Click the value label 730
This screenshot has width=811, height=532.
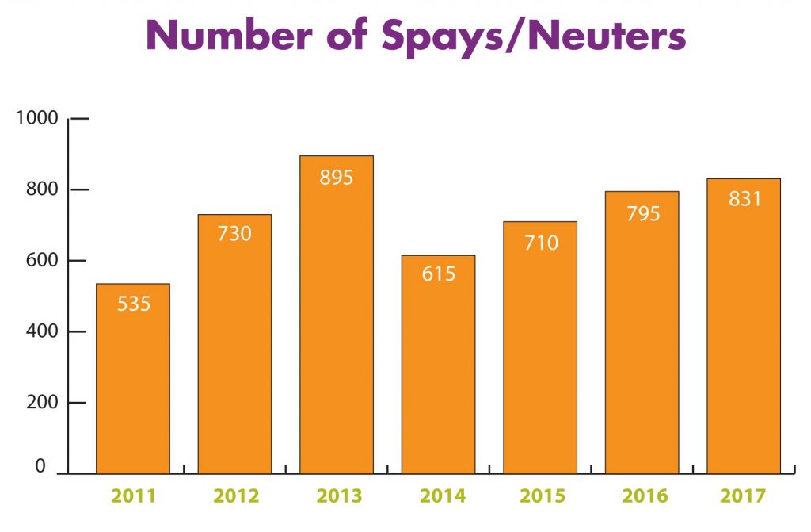pyautogui.click(x=234, y=234)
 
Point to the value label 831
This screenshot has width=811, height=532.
pyautogui.click(x=744, y=198)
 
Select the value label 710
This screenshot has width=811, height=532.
pyautogui.click(x=540, y=242)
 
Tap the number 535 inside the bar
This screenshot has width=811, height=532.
pyautogui.click(x=133, y=304)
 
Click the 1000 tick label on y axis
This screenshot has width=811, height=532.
pyautogui.click(x=38, y=119)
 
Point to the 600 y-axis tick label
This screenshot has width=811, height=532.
pyautogui.click(x=42, y=261)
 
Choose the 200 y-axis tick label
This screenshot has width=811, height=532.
pyautogui.click(x=42, y=403)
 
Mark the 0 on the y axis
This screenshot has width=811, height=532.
pyautogui.click(x=40, y=468)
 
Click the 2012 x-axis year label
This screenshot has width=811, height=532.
pyautogui.click(x=236, y=497)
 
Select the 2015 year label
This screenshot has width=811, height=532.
pyautogui.click(x=543, y=497)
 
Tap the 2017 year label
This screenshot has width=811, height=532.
pyautogui.click(x=744, y=497)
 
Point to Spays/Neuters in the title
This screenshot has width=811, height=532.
pyautogui.click(x=535, y=37)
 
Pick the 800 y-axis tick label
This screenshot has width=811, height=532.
pyautogui.click(x=42, y=189)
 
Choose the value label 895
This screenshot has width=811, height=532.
pyautogui.click(x=337, y=177)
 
